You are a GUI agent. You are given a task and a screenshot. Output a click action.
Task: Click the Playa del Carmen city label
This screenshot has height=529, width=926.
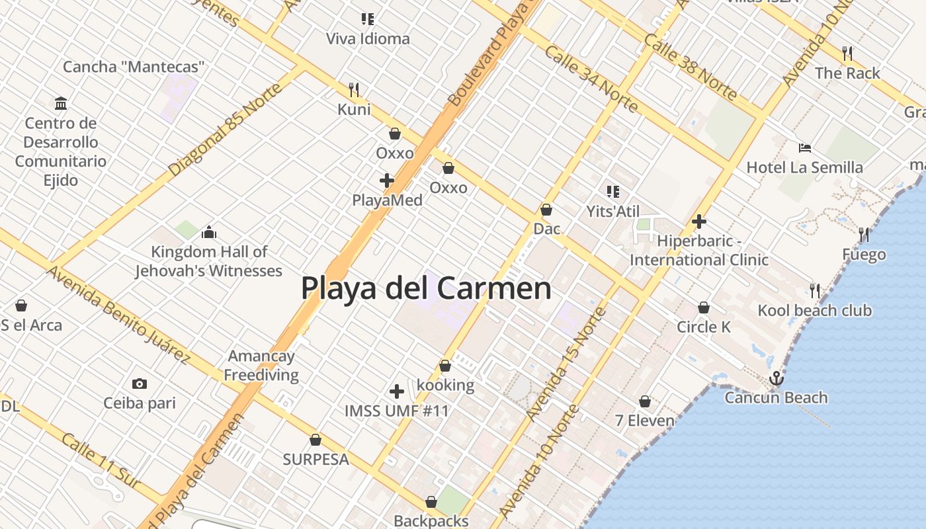[x=426, y=289]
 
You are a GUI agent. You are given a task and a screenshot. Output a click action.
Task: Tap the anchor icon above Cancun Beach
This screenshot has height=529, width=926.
[x=777, y=379]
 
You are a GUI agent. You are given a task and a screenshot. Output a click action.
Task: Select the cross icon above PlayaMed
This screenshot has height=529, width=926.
[x=387, y=180]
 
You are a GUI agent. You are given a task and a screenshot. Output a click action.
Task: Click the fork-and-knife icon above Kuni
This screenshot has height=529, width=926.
[x=354, y=89]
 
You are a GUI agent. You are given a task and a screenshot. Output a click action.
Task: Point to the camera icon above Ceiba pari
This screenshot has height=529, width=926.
[x=139, y=384]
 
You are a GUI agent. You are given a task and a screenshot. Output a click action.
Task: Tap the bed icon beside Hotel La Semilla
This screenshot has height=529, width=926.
[x=805, y=148]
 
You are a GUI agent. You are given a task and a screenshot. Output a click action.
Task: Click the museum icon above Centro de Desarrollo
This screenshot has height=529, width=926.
[x=61, y=103]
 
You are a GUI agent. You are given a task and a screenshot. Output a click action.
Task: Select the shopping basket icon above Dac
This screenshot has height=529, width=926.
[x=546, y=210]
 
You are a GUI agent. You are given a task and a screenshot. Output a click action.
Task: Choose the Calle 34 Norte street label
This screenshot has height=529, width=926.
[x=591, y=79]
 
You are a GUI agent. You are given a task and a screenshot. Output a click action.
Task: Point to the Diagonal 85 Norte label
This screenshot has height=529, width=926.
[x=225, y=129]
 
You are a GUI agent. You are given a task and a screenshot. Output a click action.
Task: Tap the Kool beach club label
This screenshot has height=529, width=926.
[x=815, y=310]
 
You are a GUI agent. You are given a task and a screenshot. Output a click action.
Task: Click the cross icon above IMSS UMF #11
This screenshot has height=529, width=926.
[x=397, y=391]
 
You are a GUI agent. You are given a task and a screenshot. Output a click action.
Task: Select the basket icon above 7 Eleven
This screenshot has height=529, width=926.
[x=645, y=401]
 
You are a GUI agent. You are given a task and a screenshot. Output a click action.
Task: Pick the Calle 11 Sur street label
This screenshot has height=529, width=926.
[x=101, y=461]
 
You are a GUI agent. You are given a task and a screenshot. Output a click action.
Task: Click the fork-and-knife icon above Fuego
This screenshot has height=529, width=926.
[x=864, y=234]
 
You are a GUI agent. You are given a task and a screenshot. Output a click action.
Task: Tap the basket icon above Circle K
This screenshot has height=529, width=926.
[x=704, y=307]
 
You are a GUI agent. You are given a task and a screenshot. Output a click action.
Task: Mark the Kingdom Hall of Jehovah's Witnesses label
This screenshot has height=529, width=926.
[x=209, y=261]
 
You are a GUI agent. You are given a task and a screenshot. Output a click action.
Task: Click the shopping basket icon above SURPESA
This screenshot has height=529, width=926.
[x=316, y=440]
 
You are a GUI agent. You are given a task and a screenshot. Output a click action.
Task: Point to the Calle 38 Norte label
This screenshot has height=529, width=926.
[x=690, y=67]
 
